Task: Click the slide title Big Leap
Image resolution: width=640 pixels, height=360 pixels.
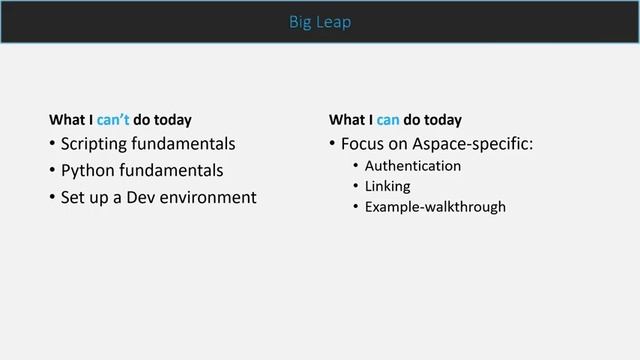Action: click(x=319, y=21)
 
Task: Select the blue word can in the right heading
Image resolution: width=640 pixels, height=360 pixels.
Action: click(x=388, y=120)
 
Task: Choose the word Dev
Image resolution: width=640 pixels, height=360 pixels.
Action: click(x=140, y=197)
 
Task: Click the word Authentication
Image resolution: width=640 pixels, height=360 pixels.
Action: click(x=413, y=166)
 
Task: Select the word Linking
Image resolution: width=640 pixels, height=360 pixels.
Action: click(x=388, y=186)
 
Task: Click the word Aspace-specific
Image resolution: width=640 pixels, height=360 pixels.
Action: click(x=475, y=144)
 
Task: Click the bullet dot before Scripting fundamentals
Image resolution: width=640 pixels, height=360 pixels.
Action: click(x=52, y=144)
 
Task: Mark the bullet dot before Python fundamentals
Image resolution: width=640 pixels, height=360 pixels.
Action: click(x=52, y=171)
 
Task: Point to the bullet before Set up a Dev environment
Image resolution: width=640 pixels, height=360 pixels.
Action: click(x=52, y=197)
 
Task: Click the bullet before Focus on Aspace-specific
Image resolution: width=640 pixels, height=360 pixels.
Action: click(x=332, y=144)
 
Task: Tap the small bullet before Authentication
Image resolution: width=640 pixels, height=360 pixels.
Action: click(x=355, y=166)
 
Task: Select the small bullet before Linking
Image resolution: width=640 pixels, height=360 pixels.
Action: click(x=355, y=186)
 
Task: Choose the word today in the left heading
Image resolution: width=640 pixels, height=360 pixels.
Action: click(x=170, y=120)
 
